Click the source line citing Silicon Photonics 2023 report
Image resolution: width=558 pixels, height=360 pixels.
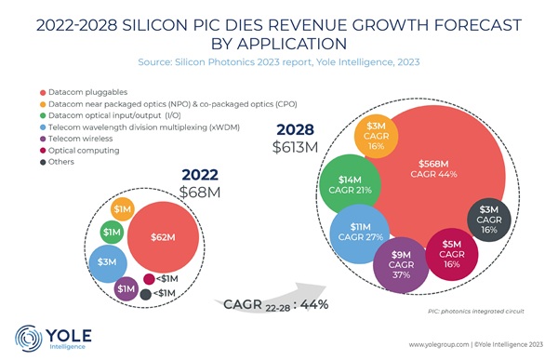278,61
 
